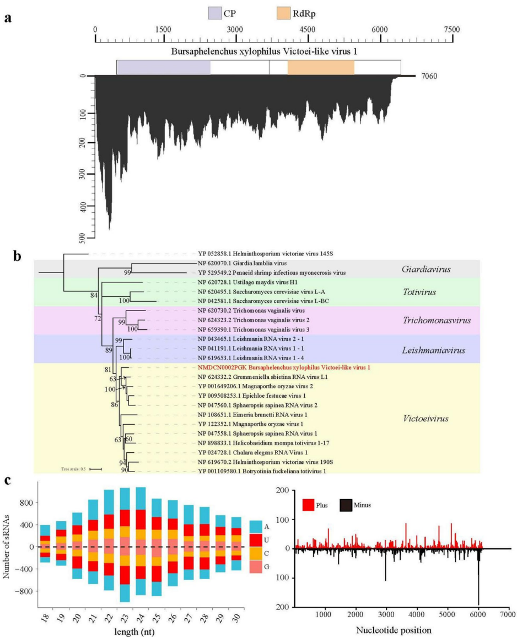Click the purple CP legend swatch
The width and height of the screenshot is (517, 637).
click(215, 13)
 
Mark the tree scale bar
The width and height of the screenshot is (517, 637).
click(96, 469)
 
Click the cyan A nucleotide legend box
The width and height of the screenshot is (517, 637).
click(256, 527)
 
